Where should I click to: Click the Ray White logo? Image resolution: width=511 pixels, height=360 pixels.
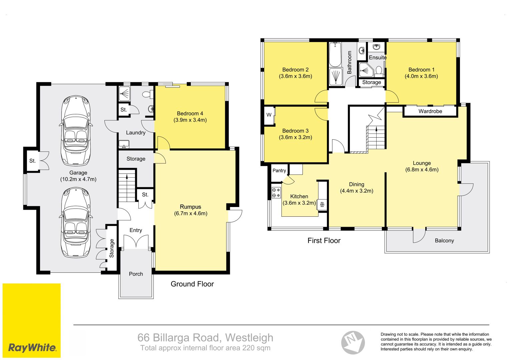pyautogui.click(x=32, y=320)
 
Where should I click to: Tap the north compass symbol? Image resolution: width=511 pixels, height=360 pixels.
pyautogui.click(x=353, y=343)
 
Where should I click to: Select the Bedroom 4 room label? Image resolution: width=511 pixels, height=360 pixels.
pyautogui.click(x=190, y=114)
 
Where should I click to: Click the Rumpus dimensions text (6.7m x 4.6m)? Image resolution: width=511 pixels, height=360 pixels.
pyautogui.click(x=190, y=213)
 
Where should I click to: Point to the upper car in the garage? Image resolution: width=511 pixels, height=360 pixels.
pyautogui.click(x=76, y=131)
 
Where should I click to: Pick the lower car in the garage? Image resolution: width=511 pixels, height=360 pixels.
pyautogui.click(x=76, y=223)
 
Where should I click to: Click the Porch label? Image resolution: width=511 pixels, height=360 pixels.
pyautogui.click(x=136, y=274)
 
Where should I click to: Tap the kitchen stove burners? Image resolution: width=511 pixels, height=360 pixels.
pyautogui.click(x=276, y=192)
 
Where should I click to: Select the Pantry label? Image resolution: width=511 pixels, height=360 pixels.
pyautogui.click(x=279, y=171)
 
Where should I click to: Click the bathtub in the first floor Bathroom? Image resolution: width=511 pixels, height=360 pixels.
pyautogui.click(x=335, y=54)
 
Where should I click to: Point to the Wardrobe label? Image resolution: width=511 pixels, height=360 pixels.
pyautogui.click(x=430, y=111)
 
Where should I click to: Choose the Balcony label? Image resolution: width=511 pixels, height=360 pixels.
pyautogui.click(x=444, y=241)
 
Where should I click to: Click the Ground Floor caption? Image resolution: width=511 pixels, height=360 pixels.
pyautogui.click(x=192, y=284)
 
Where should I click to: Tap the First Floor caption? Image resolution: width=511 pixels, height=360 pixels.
pyautogui.click(x=324, y=241)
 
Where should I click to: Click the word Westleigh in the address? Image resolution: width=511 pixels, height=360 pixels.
pyautogui.click(x=249, y=338)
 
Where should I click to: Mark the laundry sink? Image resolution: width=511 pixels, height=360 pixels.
pyautogui.click(x=124, y=144)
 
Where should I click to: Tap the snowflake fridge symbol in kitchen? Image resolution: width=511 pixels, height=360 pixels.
pyautogui.click(x=322, y=205)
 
